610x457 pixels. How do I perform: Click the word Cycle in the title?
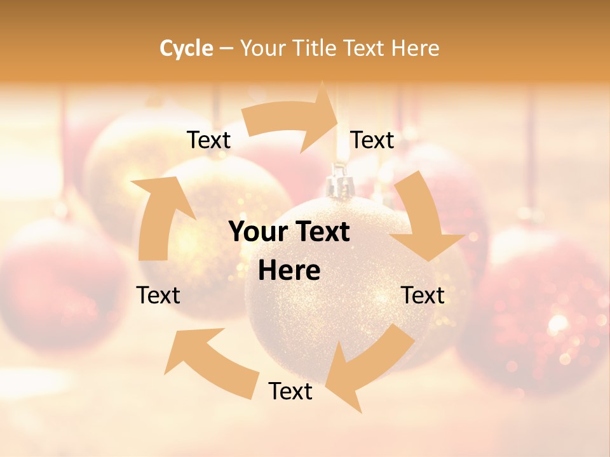(186, 48)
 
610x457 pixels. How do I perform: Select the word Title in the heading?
(317, 48)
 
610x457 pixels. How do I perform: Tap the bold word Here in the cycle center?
(289, 271)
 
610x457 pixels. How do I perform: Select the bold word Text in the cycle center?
(320, 232)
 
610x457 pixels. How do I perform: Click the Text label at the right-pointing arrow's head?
(372, 140)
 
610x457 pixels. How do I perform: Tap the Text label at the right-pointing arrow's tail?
(208, 140)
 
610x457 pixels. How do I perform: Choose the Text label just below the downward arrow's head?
(423, 295)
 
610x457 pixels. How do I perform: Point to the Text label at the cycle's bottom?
(290, 392)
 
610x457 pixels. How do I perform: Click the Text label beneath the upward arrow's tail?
(159, 295)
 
